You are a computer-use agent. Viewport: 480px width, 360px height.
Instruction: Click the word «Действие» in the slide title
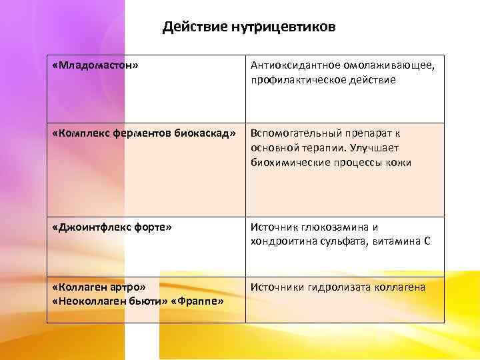[194, 28]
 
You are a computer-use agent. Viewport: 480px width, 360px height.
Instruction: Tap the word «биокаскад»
[203, 133]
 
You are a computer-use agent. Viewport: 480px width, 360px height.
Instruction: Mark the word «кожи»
[398, 162]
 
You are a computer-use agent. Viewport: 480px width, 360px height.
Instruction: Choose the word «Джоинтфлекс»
[93, 227]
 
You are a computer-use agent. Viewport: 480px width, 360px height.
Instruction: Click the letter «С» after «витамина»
[427, 241]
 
